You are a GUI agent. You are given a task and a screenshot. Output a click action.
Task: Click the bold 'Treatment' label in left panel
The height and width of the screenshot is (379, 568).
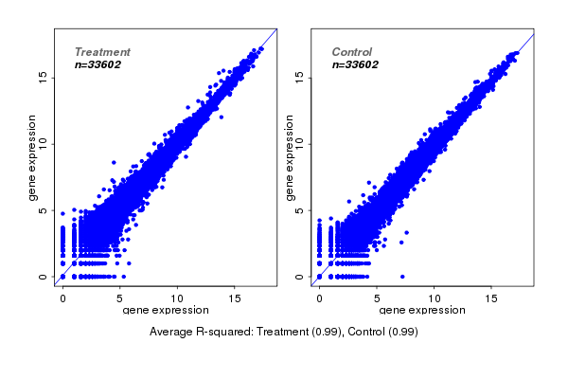[102, 52]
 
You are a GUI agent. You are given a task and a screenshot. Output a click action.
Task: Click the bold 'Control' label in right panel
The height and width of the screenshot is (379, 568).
[351, 52]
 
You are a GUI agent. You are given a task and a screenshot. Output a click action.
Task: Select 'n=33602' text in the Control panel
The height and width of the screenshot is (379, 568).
[355, 65]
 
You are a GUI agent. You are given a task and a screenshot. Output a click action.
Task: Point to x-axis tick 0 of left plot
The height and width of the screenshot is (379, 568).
[62, 298]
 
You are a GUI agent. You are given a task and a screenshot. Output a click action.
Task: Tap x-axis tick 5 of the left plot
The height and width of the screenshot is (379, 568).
[120, 298]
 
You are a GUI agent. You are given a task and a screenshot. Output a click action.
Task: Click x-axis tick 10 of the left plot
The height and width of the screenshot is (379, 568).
[177, 298]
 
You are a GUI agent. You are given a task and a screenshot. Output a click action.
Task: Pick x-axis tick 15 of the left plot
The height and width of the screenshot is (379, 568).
[235, 298]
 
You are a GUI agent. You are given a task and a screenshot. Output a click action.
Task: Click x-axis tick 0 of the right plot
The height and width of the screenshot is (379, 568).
[320, 298]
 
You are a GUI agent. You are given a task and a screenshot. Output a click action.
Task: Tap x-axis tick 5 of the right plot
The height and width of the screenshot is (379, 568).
[377, 298]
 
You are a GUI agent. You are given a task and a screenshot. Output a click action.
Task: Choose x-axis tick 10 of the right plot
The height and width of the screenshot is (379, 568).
[435, 298]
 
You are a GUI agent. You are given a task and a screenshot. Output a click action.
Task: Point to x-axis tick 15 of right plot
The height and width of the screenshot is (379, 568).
[492, 298]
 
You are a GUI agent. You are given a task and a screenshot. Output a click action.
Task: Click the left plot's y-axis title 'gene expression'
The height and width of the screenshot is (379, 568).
[33, 157]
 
